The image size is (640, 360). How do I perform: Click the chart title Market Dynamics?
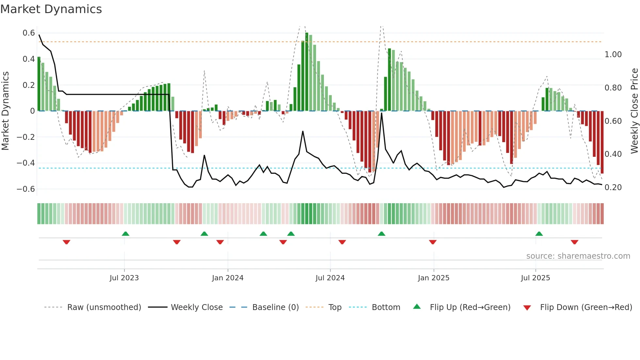(51, 9)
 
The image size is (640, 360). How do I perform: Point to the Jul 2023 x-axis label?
(124, 278)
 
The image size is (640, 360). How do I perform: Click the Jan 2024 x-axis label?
(228, 278)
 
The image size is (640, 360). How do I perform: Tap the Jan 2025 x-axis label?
(434, 278)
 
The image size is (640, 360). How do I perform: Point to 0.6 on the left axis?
(29, 33)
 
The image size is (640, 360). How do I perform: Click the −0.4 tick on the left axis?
(26, 163)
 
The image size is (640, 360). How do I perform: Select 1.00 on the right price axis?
(613, 55)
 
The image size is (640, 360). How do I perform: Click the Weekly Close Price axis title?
(634, 111)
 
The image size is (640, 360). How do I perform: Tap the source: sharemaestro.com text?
(578, 256)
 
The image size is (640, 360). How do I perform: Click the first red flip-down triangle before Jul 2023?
(66, 242)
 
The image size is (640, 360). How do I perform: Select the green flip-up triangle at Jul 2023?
(125, 234)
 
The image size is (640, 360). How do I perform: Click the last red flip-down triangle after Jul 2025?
(574, 242)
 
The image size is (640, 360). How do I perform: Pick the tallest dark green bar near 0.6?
(307, 72)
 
